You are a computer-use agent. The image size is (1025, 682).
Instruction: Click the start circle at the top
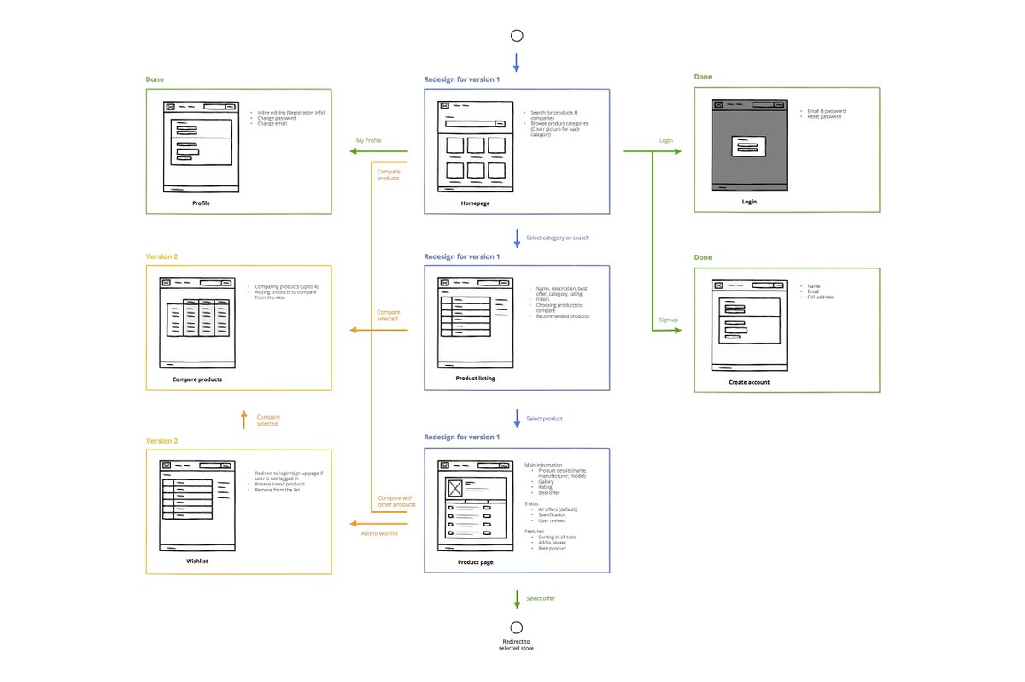tap(516, 36)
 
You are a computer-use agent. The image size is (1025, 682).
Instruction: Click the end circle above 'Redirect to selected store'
tap(516, 626)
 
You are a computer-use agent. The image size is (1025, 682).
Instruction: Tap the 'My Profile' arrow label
tap(369, 140)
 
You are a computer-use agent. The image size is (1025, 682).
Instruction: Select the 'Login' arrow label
tap(666, 139)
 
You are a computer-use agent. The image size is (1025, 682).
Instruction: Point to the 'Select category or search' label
tap(557, 238)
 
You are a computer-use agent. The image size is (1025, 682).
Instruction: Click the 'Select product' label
tap(544, 419)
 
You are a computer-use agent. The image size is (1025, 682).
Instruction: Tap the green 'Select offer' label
tap(541, 598)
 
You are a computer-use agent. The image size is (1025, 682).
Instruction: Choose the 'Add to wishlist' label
tap(379, 533)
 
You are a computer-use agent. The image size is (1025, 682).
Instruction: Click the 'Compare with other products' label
tap(396, 502)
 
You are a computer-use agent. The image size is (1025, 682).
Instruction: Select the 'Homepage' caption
tap(475, 203)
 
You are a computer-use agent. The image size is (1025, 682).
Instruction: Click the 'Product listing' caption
tap(476, 378)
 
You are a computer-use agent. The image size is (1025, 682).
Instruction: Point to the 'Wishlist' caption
tap(197, 561)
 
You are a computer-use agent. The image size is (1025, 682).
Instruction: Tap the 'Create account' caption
tap(748, 382)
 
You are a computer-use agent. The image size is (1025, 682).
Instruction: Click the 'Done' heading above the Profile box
tap(155, 79)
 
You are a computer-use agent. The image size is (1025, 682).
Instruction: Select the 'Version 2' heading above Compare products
tap(161, 256)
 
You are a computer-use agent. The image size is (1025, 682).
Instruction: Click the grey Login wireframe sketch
tap(749, 145)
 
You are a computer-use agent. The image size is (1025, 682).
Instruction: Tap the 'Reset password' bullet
tap(824, 117)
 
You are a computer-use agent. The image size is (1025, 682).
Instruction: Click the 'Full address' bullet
tap(820, 297)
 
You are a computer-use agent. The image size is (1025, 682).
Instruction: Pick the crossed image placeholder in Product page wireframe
tap(454, 488)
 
